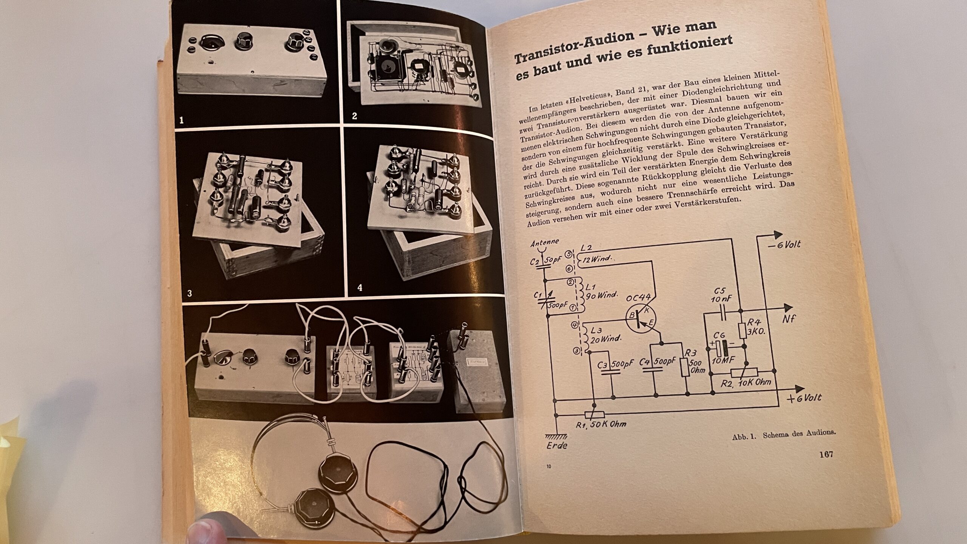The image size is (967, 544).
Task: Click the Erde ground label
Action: pyautogui.click(x=557, y=445)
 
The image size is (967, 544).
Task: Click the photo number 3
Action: pyautogui.click(x=190, y=293)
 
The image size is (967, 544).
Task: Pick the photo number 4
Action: pyautogui.click(x=360, y=288)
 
